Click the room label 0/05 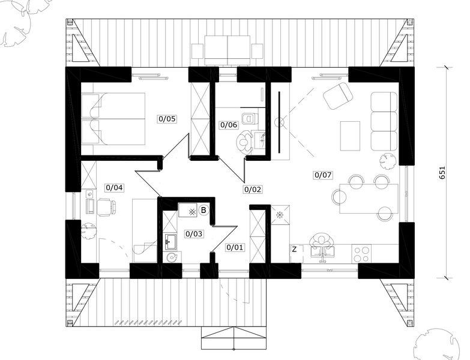click(167, 119)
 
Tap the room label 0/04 click(114, 188)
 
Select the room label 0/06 click(229, 125)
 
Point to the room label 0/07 click(322, 175)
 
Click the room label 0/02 click(253, 189)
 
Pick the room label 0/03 click(193, 234)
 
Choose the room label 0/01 click(235, 247)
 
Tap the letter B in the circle click(204, 211)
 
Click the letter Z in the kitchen click(294, 249)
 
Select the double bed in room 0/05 click(113, 118)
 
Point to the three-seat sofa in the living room click(384, 121)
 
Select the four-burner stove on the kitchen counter click(361, 254)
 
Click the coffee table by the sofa click(350, 136)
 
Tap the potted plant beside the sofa click(388, 160)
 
